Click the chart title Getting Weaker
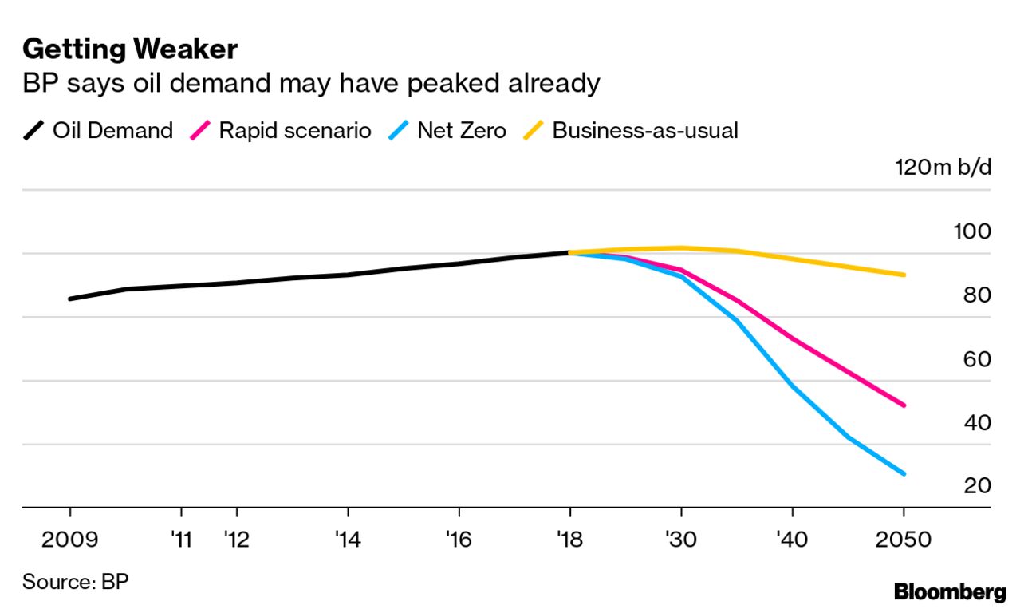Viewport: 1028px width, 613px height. [130, 49]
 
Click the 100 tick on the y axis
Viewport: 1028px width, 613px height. [971, 231]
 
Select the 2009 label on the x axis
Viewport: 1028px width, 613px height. [70, 540]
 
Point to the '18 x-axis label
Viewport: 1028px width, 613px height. [569, 540]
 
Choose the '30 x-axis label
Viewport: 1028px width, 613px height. [681, 540]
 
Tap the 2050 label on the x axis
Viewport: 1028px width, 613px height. [904, 540]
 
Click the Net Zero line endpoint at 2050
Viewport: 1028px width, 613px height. [904, 474]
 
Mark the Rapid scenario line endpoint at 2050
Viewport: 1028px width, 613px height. [904, 405]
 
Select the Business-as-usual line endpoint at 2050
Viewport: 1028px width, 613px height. [904, 275]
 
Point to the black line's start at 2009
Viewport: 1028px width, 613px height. [70, 299]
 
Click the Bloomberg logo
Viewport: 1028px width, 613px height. [950, 592]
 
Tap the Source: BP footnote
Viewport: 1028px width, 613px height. [75, 581]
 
